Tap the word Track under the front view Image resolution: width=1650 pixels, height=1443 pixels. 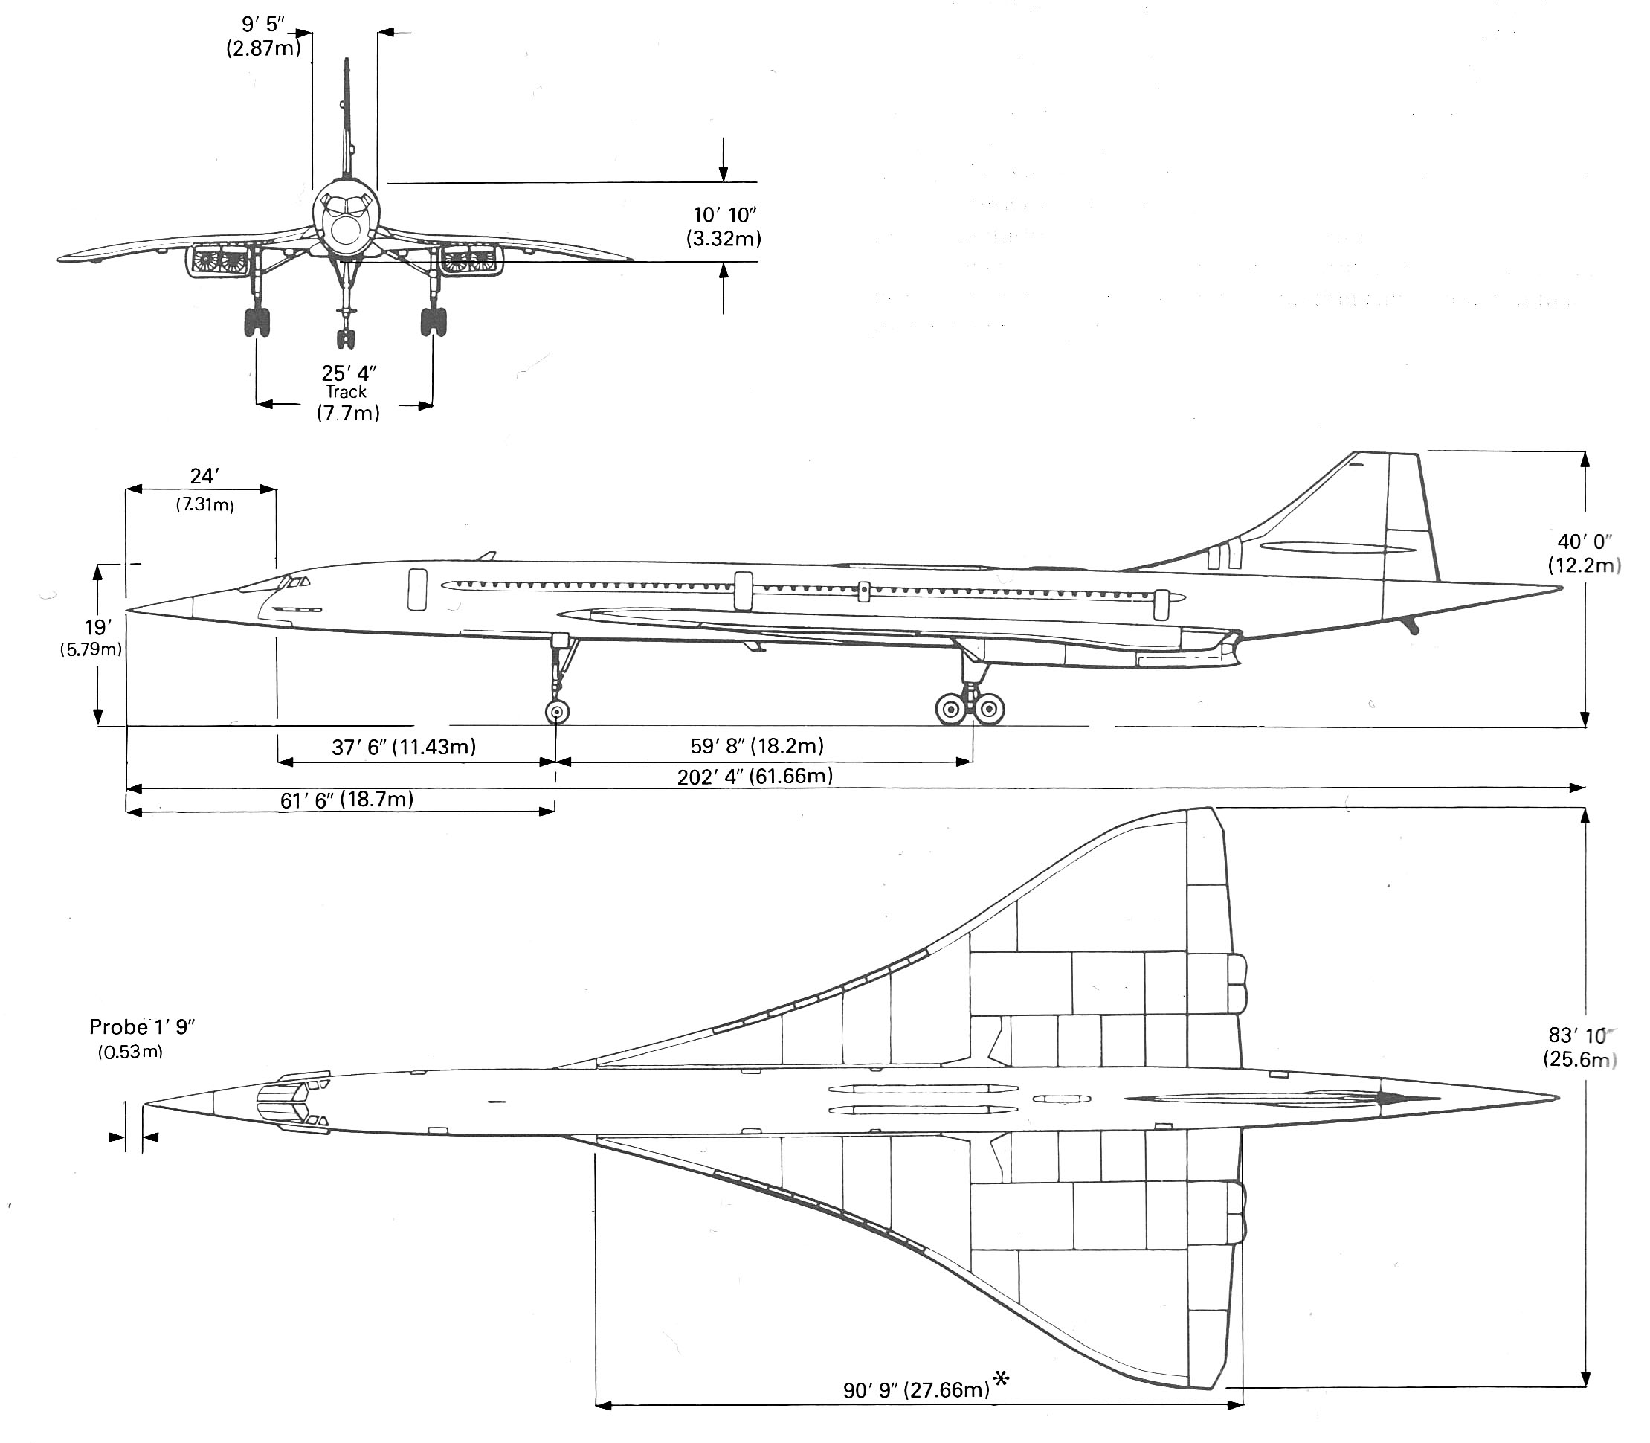coord(346,392)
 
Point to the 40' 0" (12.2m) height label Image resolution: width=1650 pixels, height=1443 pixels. coord(1584,553)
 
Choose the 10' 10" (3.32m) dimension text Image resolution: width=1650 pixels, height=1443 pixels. coord(724,226)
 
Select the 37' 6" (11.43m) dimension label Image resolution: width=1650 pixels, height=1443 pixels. coord(404,748)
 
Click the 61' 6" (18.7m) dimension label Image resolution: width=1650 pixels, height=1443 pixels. coord(347,800)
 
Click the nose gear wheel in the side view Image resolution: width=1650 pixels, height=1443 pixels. coord(557,713)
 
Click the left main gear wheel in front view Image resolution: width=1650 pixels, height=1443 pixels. coord(257,321)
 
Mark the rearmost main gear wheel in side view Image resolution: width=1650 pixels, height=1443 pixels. coord(990,710)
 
